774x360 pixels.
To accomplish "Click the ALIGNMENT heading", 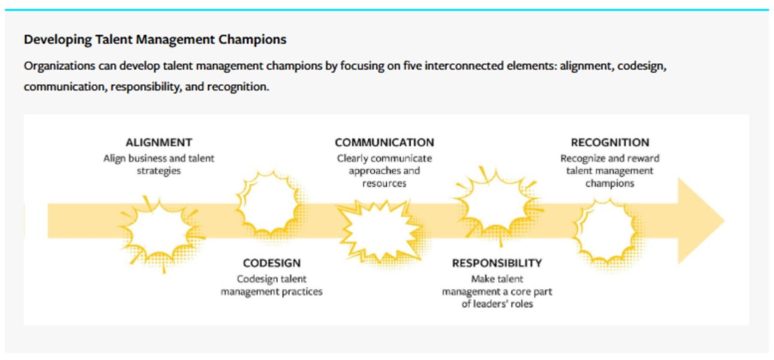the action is tap(158, 142).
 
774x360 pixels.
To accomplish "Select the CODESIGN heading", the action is tap(272, 263).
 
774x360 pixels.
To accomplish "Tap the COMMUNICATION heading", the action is tap(384, 142).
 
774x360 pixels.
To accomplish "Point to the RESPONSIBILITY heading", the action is tap(497, 263).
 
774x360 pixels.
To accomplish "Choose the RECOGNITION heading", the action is tap(610, 142).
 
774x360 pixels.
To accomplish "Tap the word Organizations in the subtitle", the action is tap(59, 66).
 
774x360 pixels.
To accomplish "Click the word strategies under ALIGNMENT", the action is tap(158, 171).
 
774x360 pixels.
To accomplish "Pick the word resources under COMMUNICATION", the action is tap(384, 183).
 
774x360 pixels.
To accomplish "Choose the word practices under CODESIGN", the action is tap(302, 292).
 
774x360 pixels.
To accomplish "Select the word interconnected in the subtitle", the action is tap(464, 65).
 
